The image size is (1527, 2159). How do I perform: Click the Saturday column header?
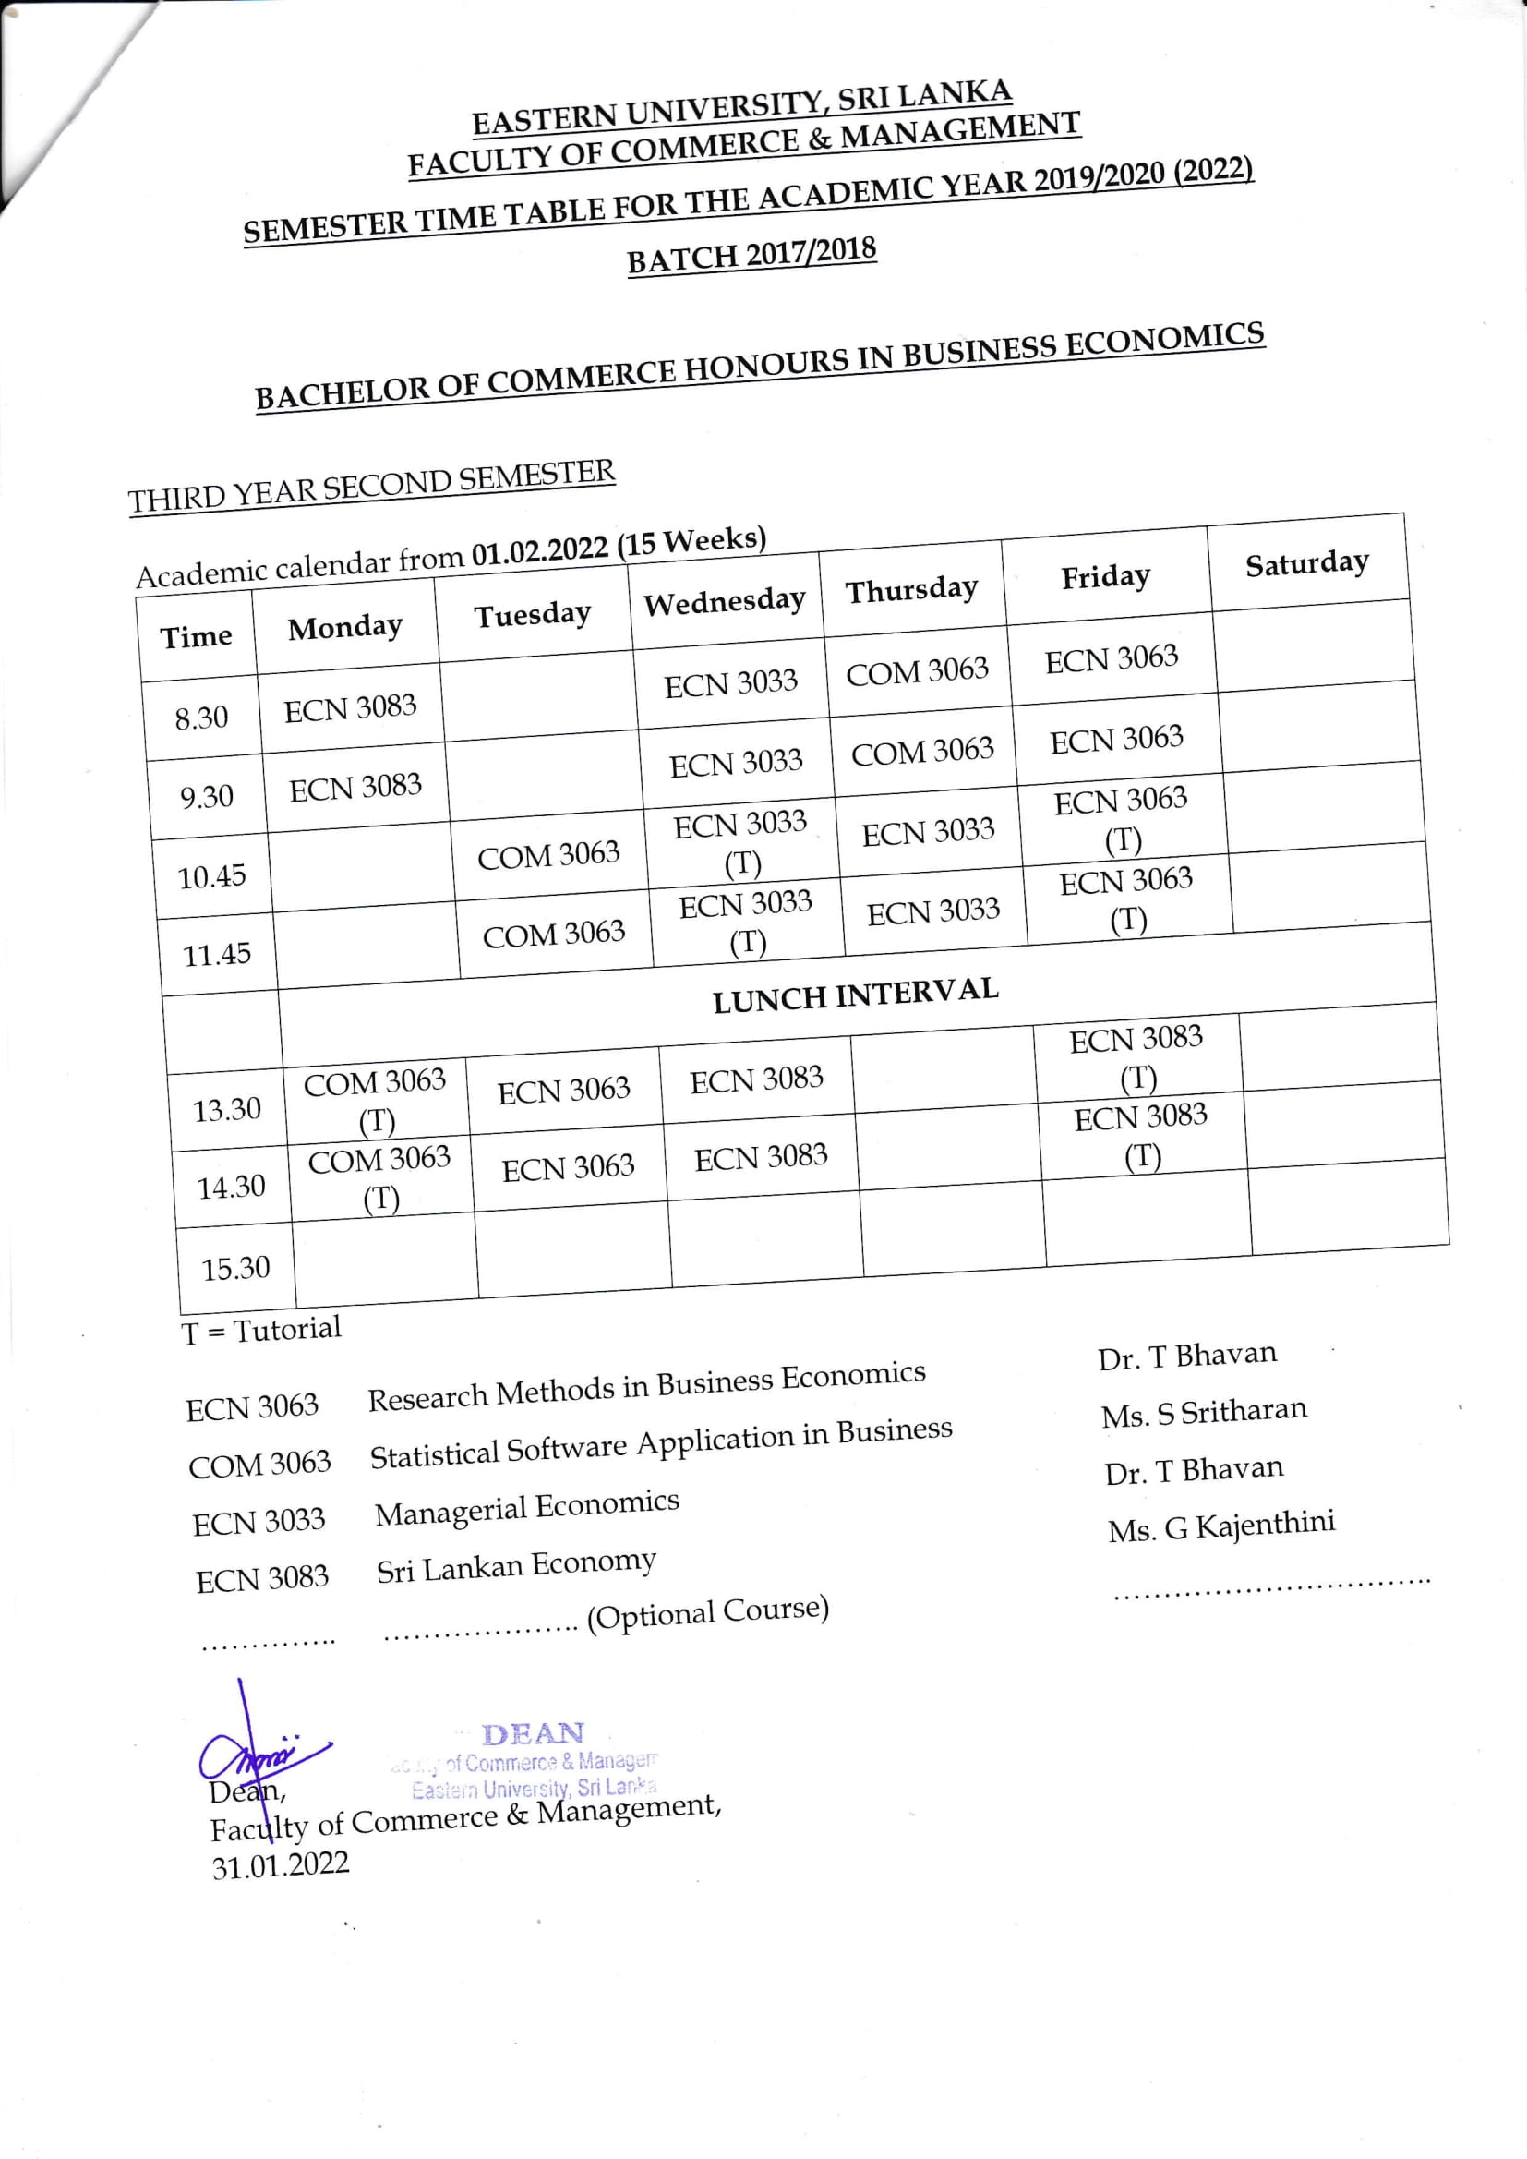coord(1306,564)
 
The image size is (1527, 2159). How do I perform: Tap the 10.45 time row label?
coord(211,877)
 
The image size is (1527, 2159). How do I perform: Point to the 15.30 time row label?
coord(235,1269)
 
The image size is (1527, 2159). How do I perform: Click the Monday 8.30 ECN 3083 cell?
coord(350,708)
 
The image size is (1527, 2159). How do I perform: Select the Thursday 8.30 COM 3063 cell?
coord(917,671)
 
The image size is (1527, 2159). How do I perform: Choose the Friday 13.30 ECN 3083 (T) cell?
coord(1136,1057)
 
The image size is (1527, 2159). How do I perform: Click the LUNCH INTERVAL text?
coord(855,994)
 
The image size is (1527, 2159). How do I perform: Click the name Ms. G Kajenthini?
coord(1220,1526)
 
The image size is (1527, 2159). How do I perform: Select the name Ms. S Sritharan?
coord(1204,1412)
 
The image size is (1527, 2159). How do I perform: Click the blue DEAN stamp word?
coord(532,1733)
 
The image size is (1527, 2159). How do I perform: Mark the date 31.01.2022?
coord(281,1864)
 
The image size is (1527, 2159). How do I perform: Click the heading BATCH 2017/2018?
coord(751,255)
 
